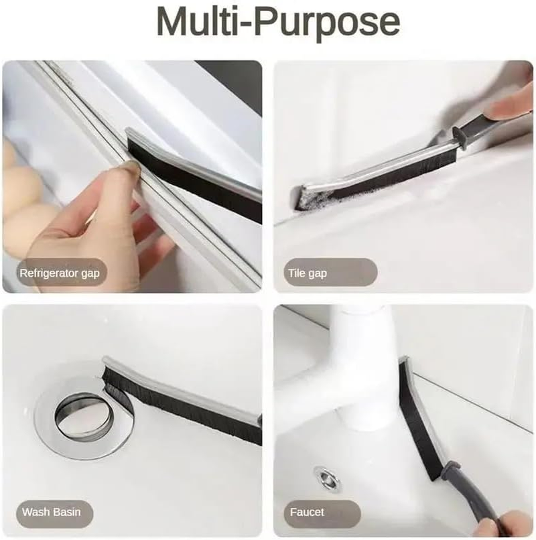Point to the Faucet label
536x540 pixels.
tap(307, 513)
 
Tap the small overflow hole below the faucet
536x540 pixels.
tap(328, 478)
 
